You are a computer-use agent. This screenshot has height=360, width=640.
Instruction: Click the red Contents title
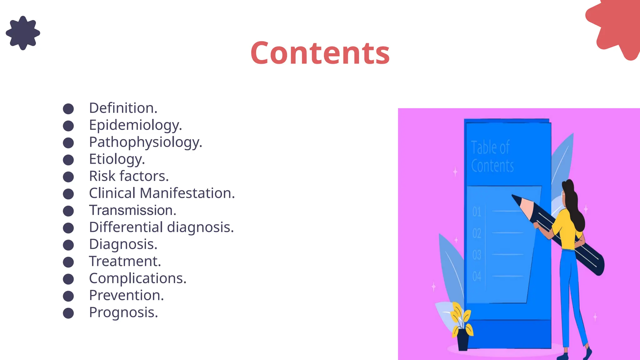click(x=320, y=53)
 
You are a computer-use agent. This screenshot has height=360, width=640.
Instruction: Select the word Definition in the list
click(x=123, y=108)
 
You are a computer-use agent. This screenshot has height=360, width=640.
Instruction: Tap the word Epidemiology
click(x=135, y=125)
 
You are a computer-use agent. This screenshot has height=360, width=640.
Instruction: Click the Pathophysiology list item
click(x=145, y=142)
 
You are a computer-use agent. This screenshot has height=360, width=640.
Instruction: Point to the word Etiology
click(x=117, y=159)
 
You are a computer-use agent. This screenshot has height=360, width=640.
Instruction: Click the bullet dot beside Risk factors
click(x=68, y=177)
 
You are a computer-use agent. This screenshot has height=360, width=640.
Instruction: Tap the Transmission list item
click(x=132, y=210)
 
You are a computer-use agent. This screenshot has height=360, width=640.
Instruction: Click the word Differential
click(x=126, y=227)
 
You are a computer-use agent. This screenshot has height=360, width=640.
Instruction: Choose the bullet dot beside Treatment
click(x=68, y=262)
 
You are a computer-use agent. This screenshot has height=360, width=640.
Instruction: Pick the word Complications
click(x=137, y=278)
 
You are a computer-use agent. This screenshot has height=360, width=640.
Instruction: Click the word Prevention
click(x=126, y=295)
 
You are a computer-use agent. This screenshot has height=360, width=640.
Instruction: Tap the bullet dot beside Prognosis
click(x=68, y=313)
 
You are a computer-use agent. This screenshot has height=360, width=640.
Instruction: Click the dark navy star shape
click(x=23, y=33)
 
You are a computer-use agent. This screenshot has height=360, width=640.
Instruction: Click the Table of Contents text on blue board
click(x=492, y=157)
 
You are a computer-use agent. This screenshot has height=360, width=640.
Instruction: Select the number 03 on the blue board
click(x=477, y=255)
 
